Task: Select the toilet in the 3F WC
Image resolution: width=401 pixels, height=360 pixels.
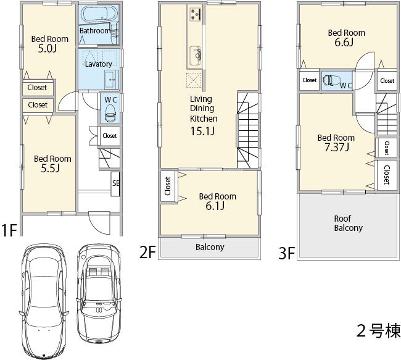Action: (x=332, y=80)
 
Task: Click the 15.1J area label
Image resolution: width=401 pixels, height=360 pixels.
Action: (x=202, y=131)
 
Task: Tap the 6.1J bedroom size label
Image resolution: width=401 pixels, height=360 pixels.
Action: (x=217, y=206)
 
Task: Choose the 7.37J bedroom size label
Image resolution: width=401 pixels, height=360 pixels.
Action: (x=336, y=147)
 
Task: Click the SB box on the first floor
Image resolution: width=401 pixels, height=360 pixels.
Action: (x=115, y=183)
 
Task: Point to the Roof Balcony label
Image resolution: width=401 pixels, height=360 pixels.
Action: (x=348, y=223)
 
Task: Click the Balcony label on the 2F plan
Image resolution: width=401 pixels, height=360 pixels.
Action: (x=210, y=247)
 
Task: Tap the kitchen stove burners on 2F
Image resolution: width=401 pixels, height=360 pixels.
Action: (x=196, y=14)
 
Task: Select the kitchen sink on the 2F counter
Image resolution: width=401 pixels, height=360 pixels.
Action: (x=194, y=53)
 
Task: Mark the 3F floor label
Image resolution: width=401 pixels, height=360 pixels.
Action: (x=286, y=253)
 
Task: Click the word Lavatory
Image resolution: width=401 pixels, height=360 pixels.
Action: (x=98, y=64)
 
